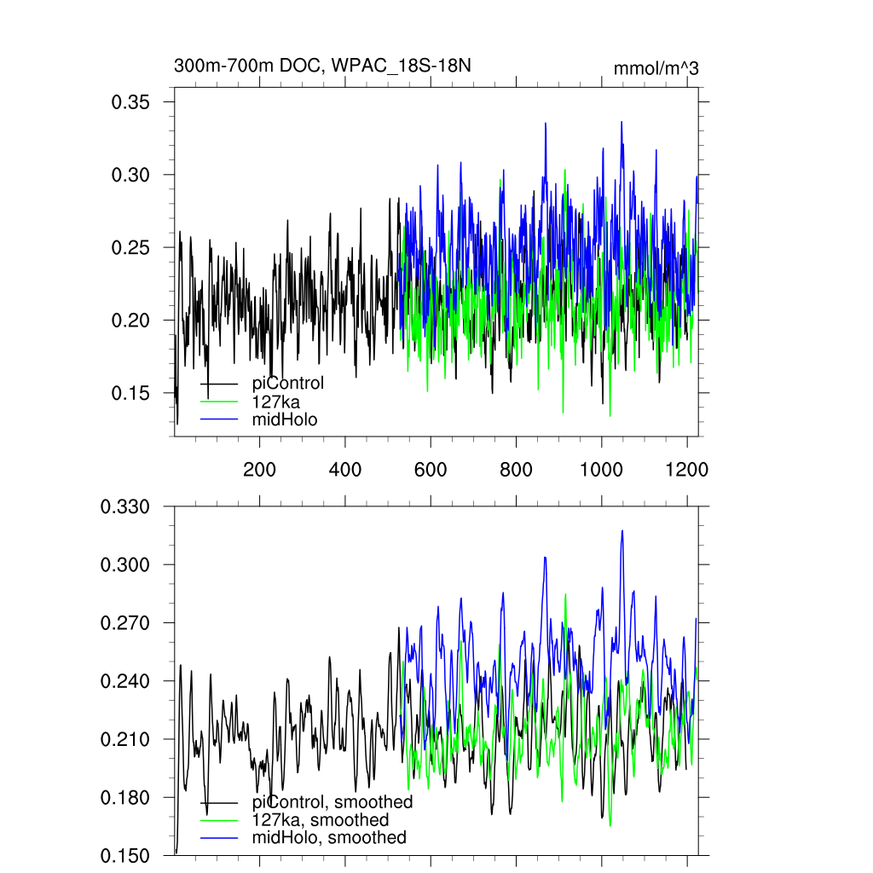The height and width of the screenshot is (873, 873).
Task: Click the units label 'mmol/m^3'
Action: [656, 69]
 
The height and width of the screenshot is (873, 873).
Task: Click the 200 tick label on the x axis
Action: [259, 470]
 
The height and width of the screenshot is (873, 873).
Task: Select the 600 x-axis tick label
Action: [431, 470]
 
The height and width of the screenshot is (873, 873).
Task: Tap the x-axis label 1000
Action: [602, 470]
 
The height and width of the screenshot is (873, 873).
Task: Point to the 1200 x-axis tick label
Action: [687, 470]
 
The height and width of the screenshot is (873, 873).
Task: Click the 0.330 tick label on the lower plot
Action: [125, 507]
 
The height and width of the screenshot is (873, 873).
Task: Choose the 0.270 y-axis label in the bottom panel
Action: [125, 623]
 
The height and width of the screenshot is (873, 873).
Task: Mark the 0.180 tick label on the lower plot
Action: [125, 798]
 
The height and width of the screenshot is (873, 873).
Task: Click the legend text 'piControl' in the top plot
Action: [288, 384]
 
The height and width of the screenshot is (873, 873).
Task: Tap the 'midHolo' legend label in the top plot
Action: [285, 419]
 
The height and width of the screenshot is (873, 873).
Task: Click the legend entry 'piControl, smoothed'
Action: [332, 802]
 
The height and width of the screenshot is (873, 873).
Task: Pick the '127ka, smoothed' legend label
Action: [321, 820]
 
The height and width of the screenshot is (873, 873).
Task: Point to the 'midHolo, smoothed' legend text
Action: [329, 837]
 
